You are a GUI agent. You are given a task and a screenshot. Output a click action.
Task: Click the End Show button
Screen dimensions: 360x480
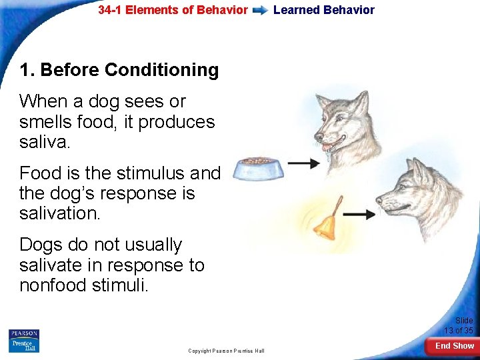454,346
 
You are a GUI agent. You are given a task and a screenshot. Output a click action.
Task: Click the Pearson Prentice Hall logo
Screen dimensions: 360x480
24,341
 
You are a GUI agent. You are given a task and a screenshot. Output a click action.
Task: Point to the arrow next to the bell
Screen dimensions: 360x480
359,215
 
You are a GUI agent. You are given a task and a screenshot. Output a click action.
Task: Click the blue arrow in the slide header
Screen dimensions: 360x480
261,11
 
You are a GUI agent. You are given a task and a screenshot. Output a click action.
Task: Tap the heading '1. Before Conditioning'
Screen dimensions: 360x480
119,70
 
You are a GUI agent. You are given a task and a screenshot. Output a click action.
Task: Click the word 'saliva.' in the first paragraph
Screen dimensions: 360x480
45,143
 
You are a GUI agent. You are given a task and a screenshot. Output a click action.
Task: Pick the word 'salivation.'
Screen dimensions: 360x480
60,214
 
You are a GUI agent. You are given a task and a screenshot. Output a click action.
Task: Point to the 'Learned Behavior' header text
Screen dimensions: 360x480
324,10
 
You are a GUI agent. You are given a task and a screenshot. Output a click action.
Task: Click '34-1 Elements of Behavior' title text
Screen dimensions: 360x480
173,10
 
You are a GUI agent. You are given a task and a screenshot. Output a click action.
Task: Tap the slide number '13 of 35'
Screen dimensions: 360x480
459,331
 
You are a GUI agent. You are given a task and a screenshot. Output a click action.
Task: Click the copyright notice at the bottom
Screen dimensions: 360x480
226,351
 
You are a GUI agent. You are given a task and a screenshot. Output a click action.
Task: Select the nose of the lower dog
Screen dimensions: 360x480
379,199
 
